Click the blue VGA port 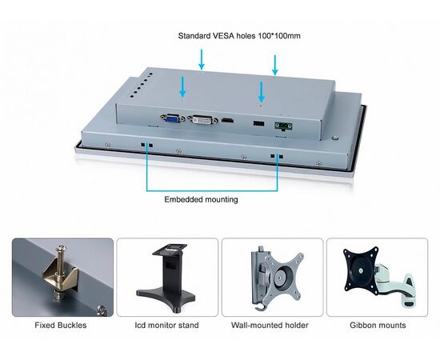(173, 118)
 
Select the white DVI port (202, 120)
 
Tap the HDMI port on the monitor (227, 121)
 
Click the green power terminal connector (284, 126)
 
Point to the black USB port (258, 123)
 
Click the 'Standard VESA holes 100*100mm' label (239, 36)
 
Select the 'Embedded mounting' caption (201, 199)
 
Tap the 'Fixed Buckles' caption (61, 326)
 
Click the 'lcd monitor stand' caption (166, 326)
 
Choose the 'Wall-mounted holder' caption (270, 326)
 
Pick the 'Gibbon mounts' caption (378, 326)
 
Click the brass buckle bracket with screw (59, 273)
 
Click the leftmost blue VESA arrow (182, 86)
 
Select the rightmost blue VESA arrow (275, 65)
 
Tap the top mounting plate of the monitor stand (170, 249)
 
